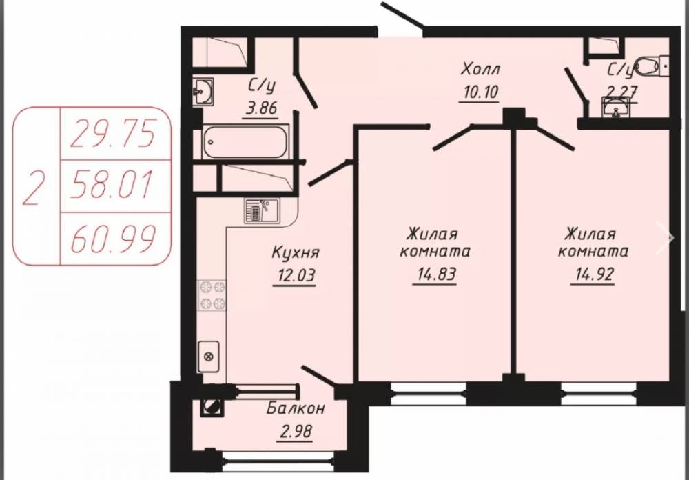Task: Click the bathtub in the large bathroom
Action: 246,141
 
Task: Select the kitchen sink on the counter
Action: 262,210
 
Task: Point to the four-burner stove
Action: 212,295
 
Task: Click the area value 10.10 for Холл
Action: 480,92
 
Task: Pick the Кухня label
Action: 296,252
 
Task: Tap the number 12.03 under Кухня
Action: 296,276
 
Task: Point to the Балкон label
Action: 296,409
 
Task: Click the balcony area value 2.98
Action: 296,431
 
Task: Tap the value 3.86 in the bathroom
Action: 262,108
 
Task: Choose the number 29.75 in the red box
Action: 113,134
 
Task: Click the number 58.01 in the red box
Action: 112,186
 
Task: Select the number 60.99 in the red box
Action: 113,238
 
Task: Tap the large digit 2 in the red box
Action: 34,188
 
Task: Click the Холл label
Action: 480,70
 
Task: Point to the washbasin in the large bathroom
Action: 203,92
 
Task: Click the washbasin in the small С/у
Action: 616,107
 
